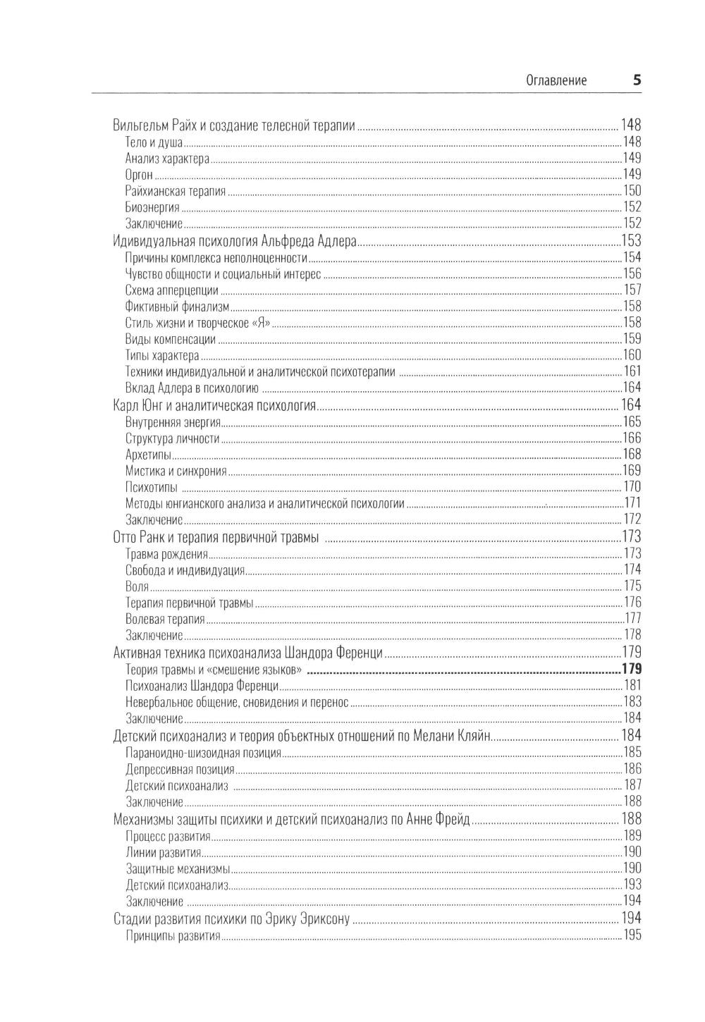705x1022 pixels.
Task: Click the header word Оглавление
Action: (x=556, y=80)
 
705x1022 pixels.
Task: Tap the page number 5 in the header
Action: (x=637, y=80)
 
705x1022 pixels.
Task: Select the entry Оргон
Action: (x=139, y=175)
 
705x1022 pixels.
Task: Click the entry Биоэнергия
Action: (x=152, y=207)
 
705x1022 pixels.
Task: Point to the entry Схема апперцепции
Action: (x=172, y=290)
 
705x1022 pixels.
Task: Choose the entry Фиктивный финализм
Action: (x=178, y=307)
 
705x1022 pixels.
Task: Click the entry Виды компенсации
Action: (x=171, y=339)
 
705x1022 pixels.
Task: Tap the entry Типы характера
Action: (x=162, y=355)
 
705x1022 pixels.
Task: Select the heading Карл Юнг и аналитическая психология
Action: (x=214, y=405)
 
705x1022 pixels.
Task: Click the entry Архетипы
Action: (x=149, y=455)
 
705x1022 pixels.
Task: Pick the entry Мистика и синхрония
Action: (x=176, y=471)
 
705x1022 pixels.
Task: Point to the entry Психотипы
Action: (x=152, y=487)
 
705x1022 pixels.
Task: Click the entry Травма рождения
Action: (x=166, y=554)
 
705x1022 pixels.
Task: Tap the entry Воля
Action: (x=137, y=586)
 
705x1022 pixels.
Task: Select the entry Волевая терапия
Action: (x=165, y=620)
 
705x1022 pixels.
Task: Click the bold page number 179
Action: (x=631, y=669)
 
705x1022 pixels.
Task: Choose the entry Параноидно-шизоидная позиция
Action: (x=204, y=753)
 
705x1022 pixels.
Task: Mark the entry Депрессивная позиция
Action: (x=180, y=769)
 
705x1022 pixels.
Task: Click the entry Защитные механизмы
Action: (x=178, y=869)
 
